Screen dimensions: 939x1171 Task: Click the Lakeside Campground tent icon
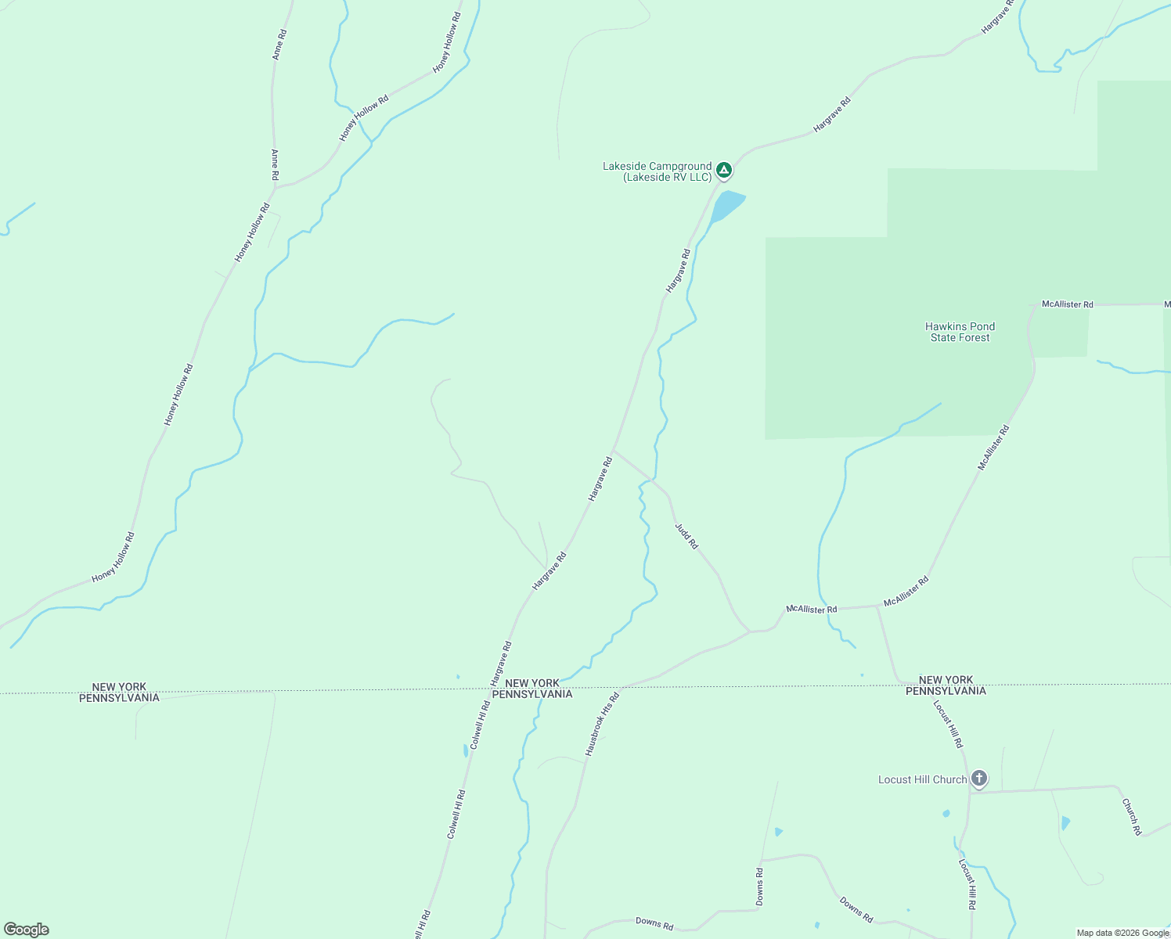pyautogui.click(x=724, y=169)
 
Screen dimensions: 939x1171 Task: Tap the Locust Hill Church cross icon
pyautogui.click(x=978, y=779)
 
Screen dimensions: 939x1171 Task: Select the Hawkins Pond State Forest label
pyautogui.click(x=960, y=333)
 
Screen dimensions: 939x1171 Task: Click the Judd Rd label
pyautogui.click(x=686, y=536)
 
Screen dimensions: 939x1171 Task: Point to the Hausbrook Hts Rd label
pyautogui.click(x=602, y=724)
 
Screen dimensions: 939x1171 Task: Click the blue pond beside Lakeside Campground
pyautogui.click(x=727, y=205)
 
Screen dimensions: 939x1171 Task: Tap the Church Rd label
pyautogui.click(x=1131, y=816)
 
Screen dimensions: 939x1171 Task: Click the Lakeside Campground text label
pyautogui.click(x=657, y=172)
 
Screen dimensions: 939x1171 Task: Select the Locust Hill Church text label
pyautogui.click(x=922, y=780)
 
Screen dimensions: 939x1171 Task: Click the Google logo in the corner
pyautogui.click(x=27, y=930)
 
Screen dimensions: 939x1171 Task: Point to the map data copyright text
pyautogui.click(x=1122, y=933)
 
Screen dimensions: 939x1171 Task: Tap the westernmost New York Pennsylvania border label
pyautogui.click(x=119, y=693)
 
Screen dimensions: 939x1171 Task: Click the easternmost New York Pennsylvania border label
pyautogui.click(x=946, y=685)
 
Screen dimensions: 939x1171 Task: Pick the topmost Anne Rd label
pyautogui.click(x=279, y=45)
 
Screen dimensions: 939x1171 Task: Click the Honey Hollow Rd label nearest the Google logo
pyautogui.click(x=113, y=557)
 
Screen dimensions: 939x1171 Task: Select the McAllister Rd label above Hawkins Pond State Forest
pyautogui.click(x=1067, y=304)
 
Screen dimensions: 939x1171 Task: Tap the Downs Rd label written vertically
pyautogui.click(x=759, y=887)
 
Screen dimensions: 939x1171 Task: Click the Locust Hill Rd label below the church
pyautogui.click(x=967, y=883)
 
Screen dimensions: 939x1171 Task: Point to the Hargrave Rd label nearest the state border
pyautogui.click(x=500, y=664)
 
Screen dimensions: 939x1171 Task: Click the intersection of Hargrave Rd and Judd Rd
pyautogui.click(x=614, y=450)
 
